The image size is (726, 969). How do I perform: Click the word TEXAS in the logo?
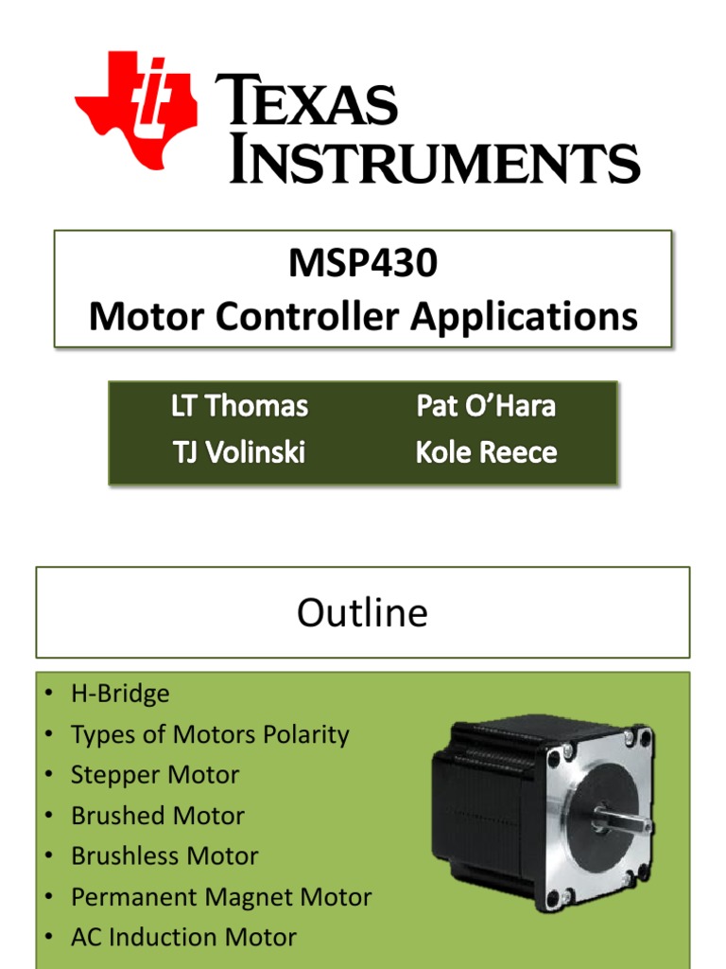tap(307, 103)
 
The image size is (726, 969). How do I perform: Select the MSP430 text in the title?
tap(363, 263)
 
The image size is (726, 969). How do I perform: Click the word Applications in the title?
tap(524, 316)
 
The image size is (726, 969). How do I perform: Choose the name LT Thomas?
tap(239, 407)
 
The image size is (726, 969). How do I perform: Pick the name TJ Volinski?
tap(238, 452)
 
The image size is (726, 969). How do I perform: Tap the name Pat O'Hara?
tap(486, 407)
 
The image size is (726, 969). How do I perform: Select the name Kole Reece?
tap(486, 452)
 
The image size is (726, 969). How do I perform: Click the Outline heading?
tap(362, 613)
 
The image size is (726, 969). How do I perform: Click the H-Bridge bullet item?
tap(120, 694)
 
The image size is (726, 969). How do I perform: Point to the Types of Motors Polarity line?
tap(210, 734)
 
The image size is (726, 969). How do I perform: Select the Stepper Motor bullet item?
tap(155, 775)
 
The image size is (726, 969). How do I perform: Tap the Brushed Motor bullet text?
tap(157, 816)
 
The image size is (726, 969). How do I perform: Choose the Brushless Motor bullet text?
tap(164, 856)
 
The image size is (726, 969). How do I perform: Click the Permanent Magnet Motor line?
tap(221, 897)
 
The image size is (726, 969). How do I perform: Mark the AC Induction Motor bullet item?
tap(183, 938)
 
